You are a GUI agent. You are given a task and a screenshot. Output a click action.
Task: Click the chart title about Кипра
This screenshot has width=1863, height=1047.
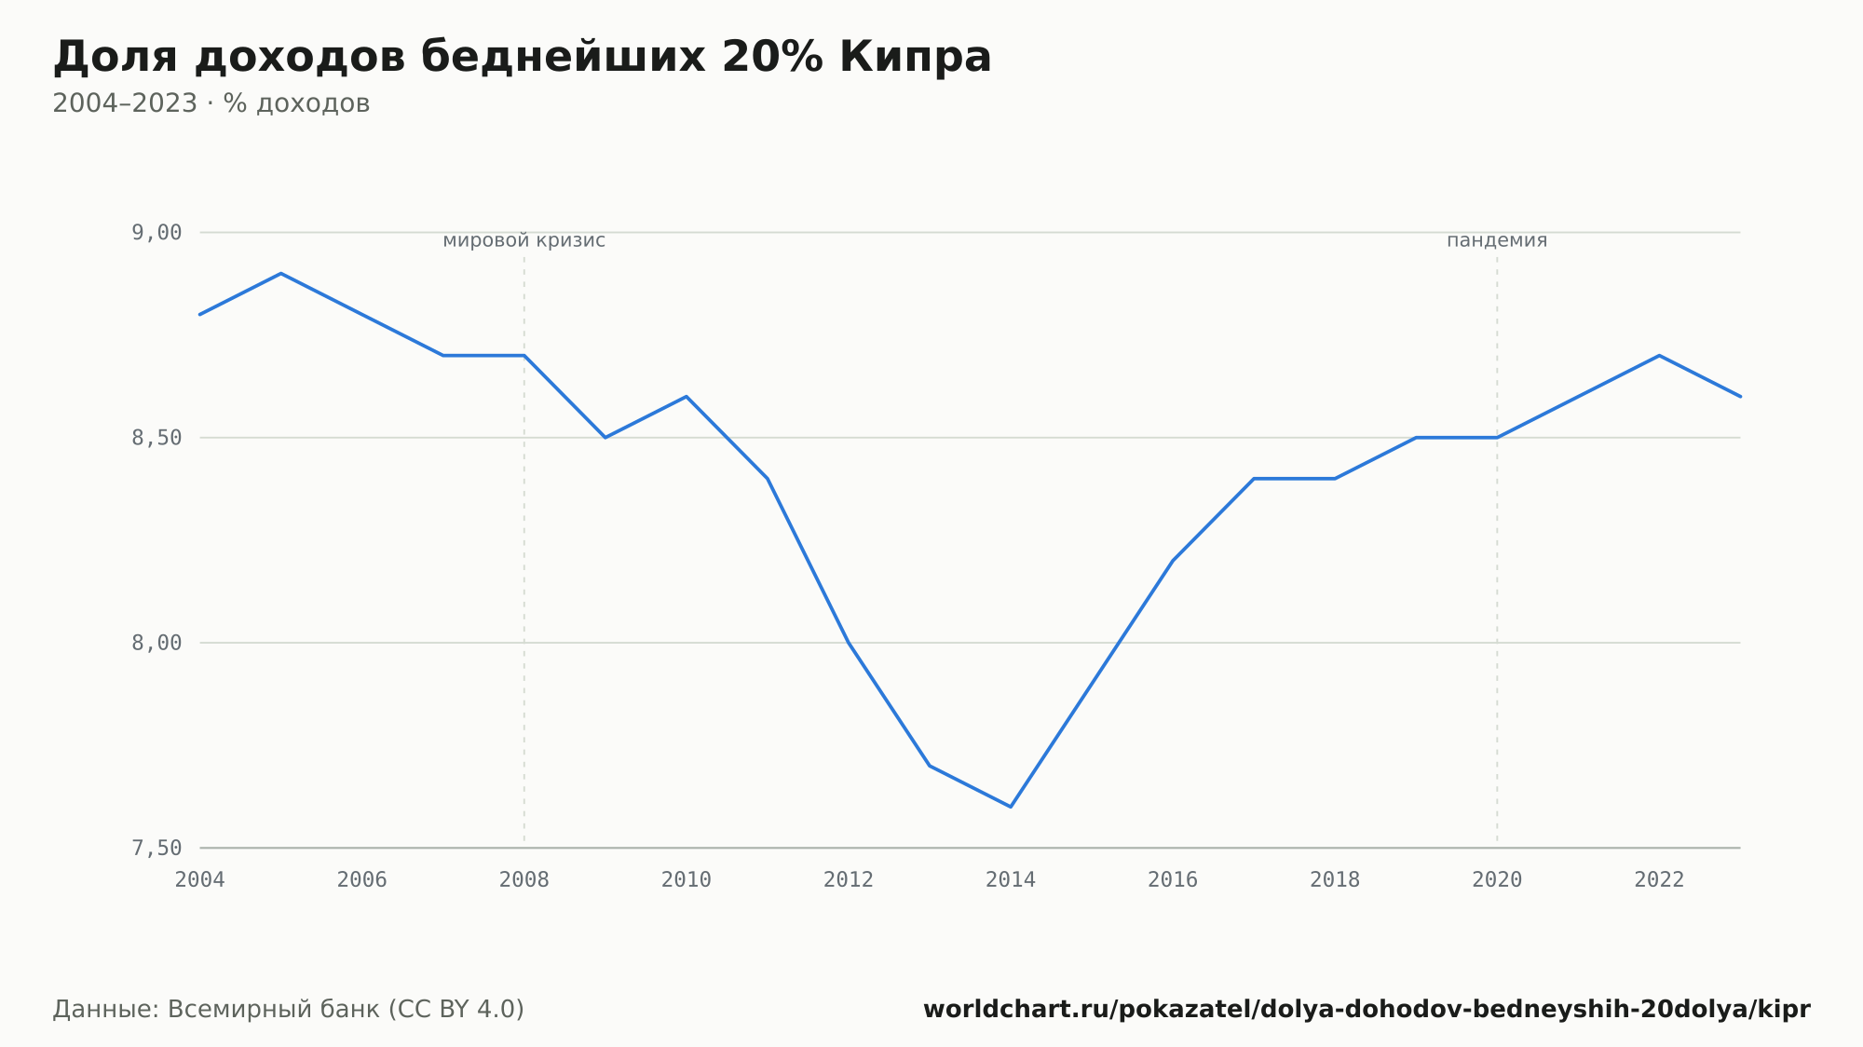[522, 57]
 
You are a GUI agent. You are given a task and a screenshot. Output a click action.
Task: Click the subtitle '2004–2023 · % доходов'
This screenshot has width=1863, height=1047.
[211, 103]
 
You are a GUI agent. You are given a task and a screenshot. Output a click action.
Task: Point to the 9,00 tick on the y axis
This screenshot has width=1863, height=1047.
[156, 233]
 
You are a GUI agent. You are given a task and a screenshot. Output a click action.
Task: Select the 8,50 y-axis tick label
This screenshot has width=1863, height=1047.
[156, 438]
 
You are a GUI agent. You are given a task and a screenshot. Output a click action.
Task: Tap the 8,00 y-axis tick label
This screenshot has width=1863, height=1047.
[156, 643]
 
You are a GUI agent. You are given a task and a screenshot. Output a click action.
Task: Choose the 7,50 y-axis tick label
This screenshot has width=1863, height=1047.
[156, 848]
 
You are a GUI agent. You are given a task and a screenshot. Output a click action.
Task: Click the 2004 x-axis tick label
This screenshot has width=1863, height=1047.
[200, 880]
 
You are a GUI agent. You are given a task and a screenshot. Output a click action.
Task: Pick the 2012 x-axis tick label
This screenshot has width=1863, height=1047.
[849, 880]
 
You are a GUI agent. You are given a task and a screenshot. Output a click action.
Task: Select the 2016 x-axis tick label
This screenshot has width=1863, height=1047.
[1173, 880]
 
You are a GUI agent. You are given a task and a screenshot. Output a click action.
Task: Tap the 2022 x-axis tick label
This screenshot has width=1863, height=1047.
[1659, 880]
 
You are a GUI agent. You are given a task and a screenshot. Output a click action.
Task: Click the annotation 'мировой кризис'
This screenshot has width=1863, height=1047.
[524, 240]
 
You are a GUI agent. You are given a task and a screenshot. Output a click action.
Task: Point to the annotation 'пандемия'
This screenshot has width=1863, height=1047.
[1497, 240]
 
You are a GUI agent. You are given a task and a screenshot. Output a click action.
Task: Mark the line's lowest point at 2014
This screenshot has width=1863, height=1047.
[1011, 807]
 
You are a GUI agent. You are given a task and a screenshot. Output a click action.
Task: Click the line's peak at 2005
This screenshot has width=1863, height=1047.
[281, 274]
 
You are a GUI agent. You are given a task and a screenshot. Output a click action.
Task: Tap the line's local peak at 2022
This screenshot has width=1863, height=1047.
[1659, 356]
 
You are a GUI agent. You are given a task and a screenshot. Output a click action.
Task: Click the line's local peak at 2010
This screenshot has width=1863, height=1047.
[687, 397]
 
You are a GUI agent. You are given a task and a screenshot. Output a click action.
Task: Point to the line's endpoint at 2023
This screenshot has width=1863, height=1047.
[1740, 397]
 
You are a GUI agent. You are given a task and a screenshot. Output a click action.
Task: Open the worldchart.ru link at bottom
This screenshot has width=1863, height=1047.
[1367, 1010]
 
